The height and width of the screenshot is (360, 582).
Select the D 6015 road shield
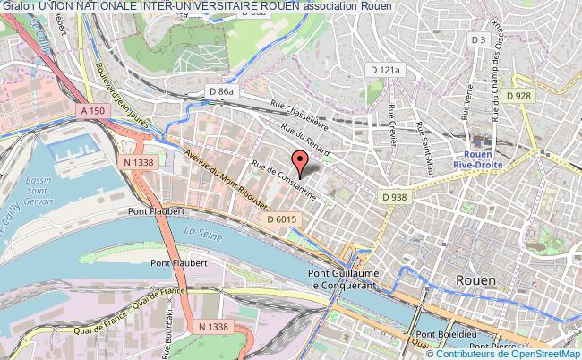pyautogui.click(x=278, y=219)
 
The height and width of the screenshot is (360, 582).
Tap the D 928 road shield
pyautogui.click(x=519, y=95)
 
